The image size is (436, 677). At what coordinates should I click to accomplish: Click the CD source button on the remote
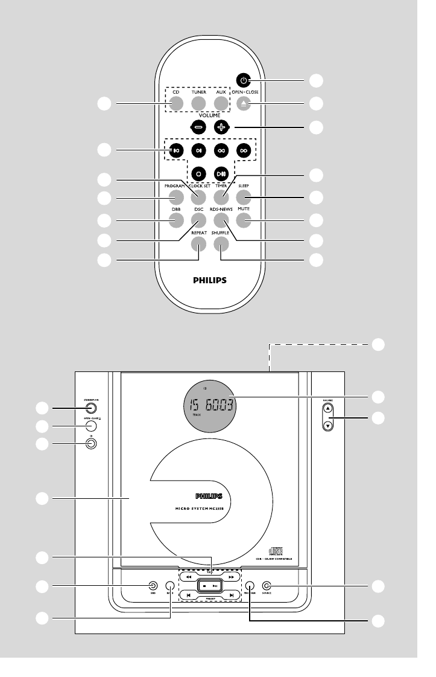click(x=175, y=103)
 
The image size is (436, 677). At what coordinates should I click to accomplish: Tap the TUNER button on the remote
click(x=198, y=103)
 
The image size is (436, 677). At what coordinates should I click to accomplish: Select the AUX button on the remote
click(x=221, y=103)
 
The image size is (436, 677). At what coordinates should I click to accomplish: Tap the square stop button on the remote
click(x=198, y=174)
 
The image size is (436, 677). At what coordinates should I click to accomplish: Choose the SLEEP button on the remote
click(x=244, y=197)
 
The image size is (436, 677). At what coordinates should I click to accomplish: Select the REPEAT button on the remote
click(x=198, y=243)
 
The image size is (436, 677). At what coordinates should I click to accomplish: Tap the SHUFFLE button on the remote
click(x=221, y=243)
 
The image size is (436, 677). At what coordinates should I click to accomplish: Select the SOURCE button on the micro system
click(x=267, y=585)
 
